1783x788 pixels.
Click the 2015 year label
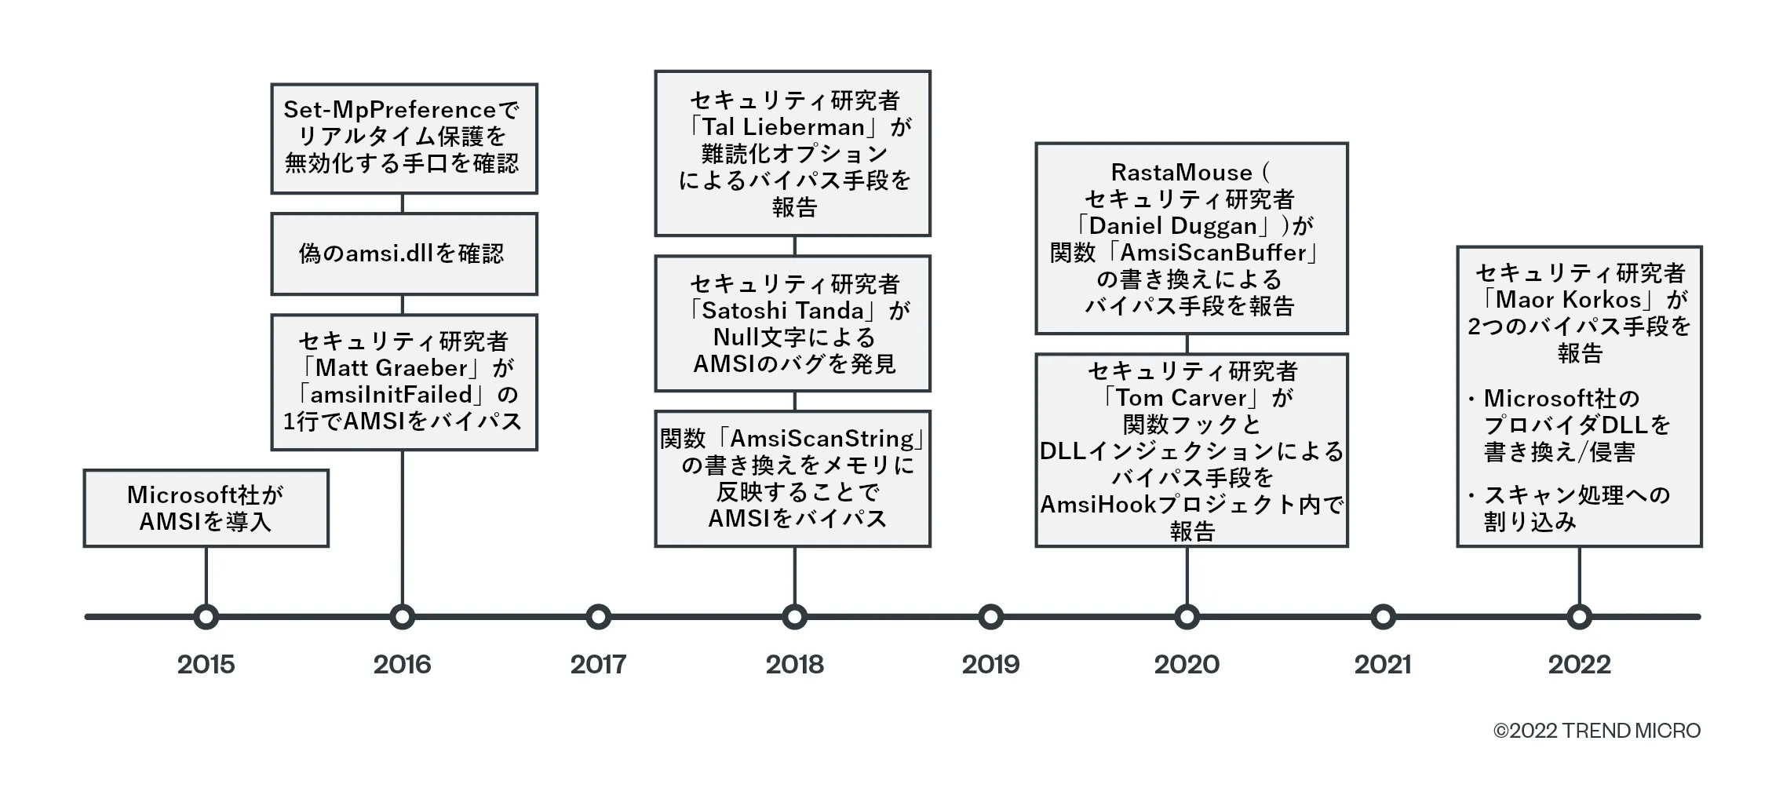click(x=206, y=665)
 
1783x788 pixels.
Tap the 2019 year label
click(x=990, y=665)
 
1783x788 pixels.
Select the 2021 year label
click(x=1383, y=665)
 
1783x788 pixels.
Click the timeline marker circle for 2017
click(x=598, y=617)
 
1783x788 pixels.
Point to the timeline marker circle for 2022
click(x=1579, y=617)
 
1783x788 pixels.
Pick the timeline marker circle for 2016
click(x=402, y=617)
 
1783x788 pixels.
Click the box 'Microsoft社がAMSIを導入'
click(x=206, y=508)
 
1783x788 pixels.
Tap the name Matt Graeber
click(x=392, y=368)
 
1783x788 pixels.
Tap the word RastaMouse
click(x=1181, y=173)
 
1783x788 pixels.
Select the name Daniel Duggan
click(x=1173, y=226)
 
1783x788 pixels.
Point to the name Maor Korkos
click(x=1568, y=300)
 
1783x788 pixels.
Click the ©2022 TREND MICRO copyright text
click(x=1596, y=731)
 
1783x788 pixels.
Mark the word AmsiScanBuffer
click(x=1213, y=253)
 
